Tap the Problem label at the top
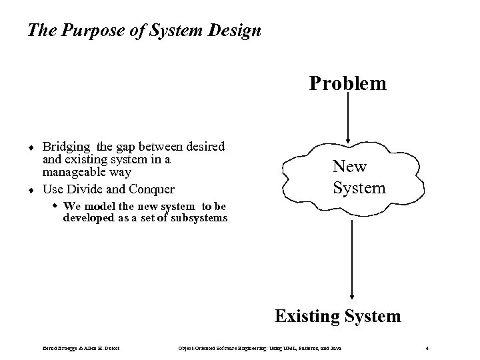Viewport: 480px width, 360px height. tap(347, 83)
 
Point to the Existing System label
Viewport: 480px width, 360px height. tap(338, 315)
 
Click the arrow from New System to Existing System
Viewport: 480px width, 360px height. tap(351, 260)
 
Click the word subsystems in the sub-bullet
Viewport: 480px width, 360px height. tap(198, 218)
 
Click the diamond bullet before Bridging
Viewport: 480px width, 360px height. tap(31, 146)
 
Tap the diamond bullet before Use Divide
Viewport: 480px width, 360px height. tap(31, 189)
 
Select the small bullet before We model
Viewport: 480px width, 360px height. tap(55, 205)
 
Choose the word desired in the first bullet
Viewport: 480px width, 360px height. tap(205, 146)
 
